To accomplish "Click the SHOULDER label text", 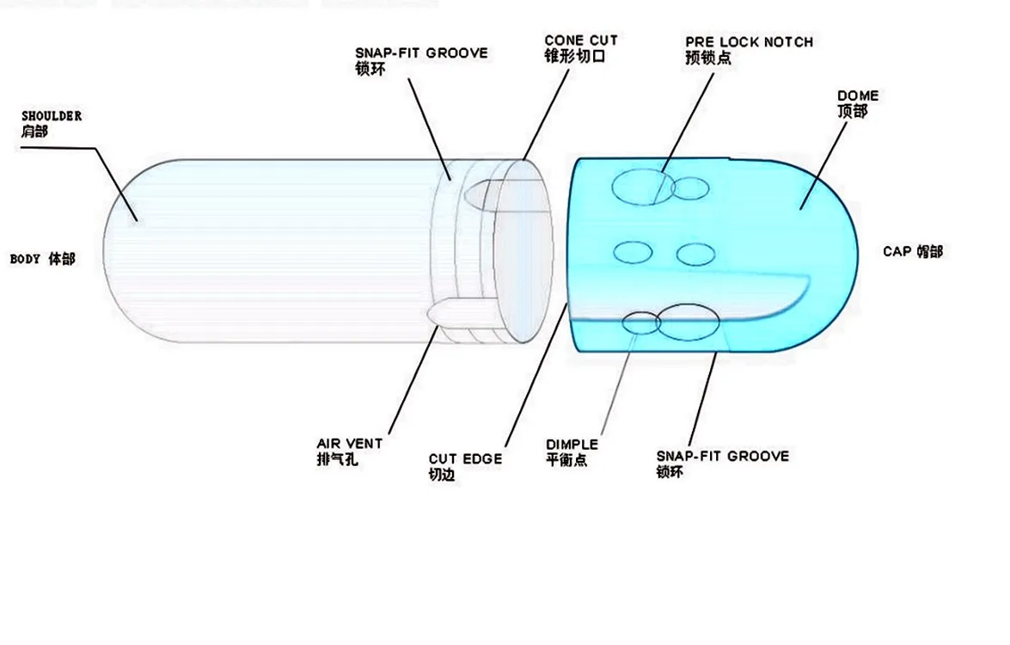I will [52, 116].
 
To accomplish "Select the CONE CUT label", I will [581, 40].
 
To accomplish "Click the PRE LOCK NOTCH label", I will [749, 42].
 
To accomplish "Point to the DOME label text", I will [858, 95].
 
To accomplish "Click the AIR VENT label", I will [350, 444].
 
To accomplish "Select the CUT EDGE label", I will [465, 459].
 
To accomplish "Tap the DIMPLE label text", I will [572, 445].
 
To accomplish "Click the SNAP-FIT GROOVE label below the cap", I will [722, 456].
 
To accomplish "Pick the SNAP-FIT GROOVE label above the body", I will [421, 53].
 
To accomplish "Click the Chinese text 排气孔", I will [337, 459].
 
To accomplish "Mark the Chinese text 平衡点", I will [566, 460].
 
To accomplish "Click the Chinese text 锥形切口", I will [575, 56].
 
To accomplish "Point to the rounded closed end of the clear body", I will [125, 249].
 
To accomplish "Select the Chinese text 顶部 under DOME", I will [852, 111].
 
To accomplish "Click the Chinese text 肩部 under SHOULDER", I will [35, 132].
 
